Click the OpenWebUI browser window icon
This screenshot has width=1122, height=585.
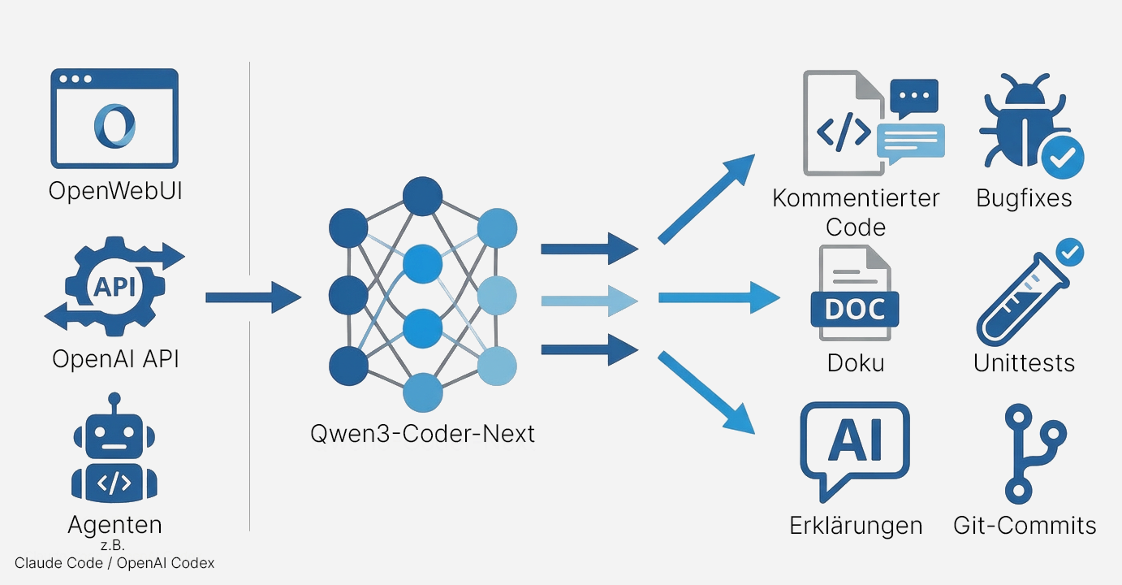(x=114, y=119)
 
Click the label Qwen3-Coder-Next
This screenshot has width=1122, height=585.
(x=422, y=433)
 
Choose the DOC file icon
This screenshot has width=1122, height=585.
(x=855, y=294)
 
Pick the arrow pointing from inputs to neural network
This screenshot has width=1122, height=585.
(x=252, y=297)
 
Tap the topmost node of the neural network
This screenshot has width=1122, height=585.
(x=422, y=197)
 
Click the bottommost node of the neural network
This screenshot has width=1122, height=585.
(x=422, y=393)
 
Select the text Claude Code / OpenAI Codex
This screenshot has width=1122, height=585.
(x=114, y=562)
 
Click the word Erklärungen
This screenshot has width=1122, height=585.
(x=856, y=526)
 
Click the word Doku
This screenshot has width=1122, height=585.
(x=856, y=362)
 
